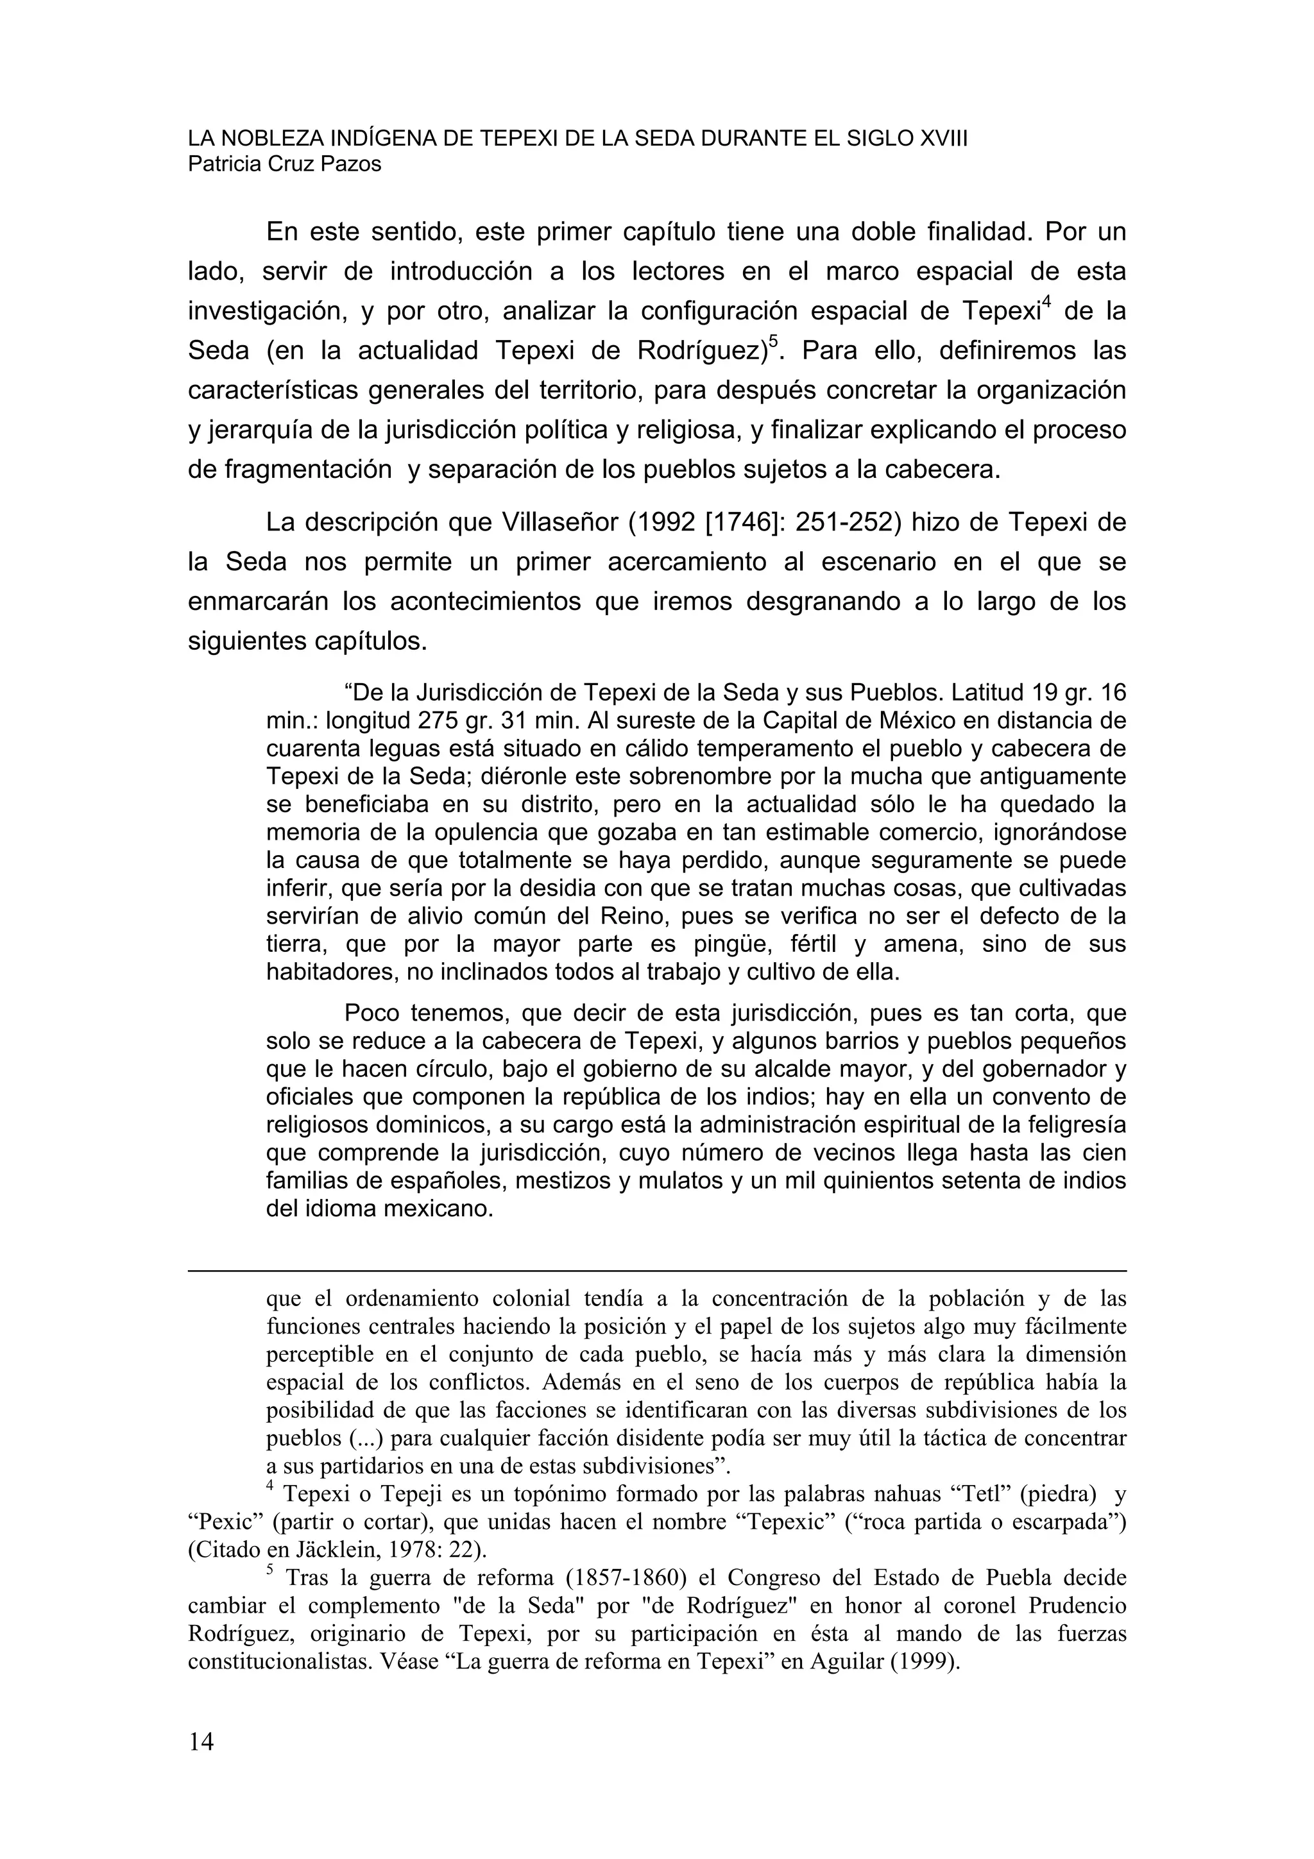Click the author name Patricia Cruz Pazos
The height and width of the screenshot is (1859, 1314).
tap(284, 164)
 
